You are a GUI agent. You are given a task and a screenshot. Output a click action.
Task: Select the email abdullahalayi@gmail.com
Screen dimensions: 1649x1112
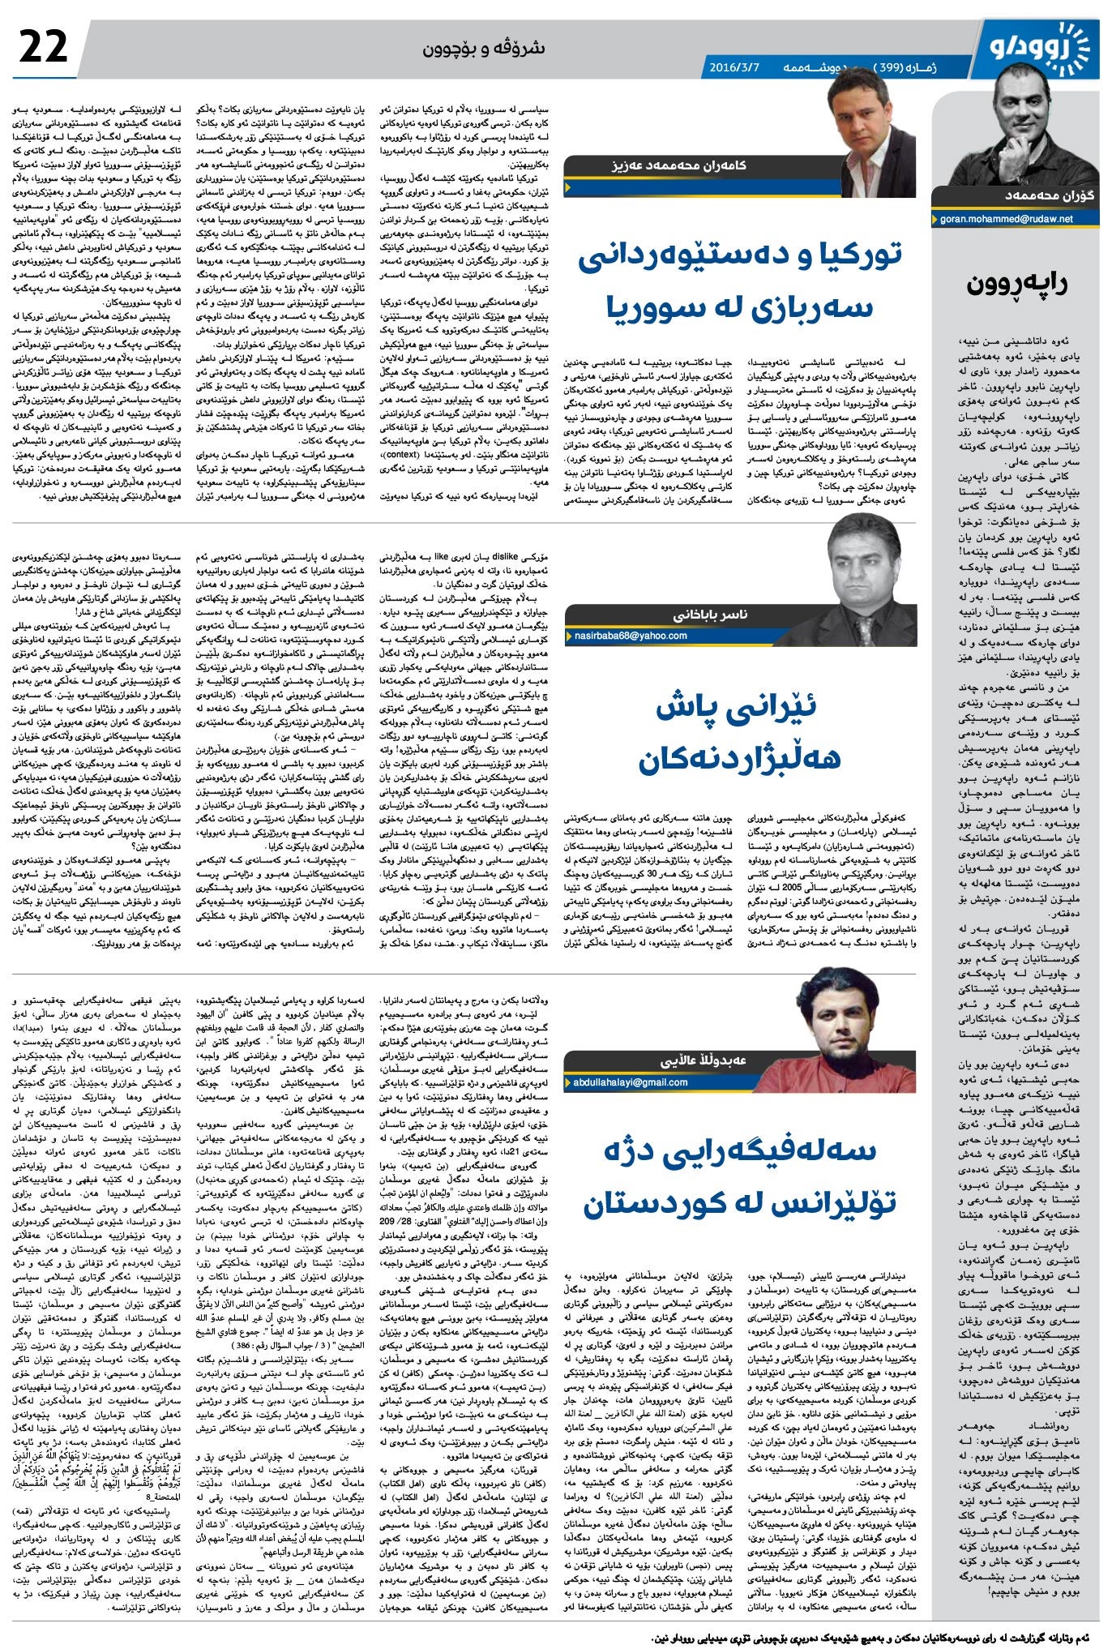coord(631,1082)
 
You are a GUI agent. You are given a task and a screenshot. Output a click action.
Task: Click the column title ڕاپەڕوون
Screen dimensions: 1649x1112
coord(1017,285)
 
